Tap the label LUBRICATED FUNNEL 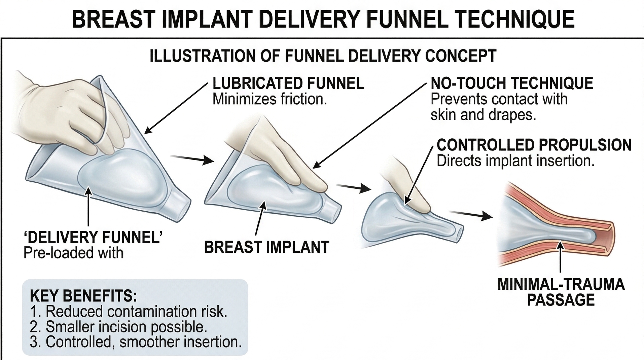coord(288,83)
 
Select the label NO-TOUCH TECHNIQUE coord(511,83)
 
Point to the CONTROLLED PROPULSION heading coord(534,145)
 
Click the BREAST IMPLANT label coord(266,247)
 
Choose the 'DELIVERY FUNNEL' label coord(93,238)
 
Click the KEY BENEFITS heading coord(83,296)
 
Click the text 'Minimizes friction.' coord(270,99)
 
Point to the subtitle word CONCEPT coord(461,56)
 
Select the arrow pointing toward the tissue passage coord(471,215)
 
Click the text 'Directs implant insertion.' coord(515,161)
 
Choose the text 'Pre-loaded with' coord(73,253)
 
